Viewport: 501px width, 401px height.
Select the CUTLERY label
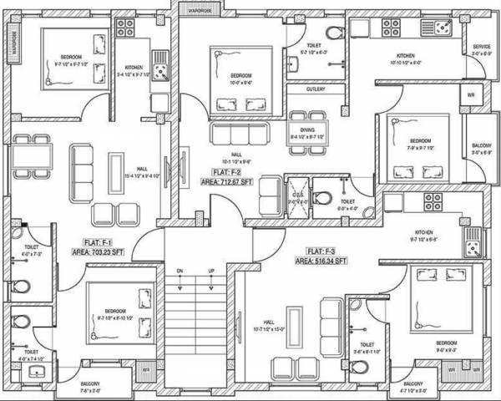tap(316, 89)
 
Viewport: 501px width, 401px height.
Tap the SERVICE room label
tap(481, 47)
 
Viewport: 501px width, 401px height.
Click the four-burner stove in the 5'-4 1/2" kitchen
tap(125, 28)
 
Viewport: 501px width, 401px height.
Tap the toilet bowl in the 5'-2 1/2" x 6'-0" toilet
tap(333, 33)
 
